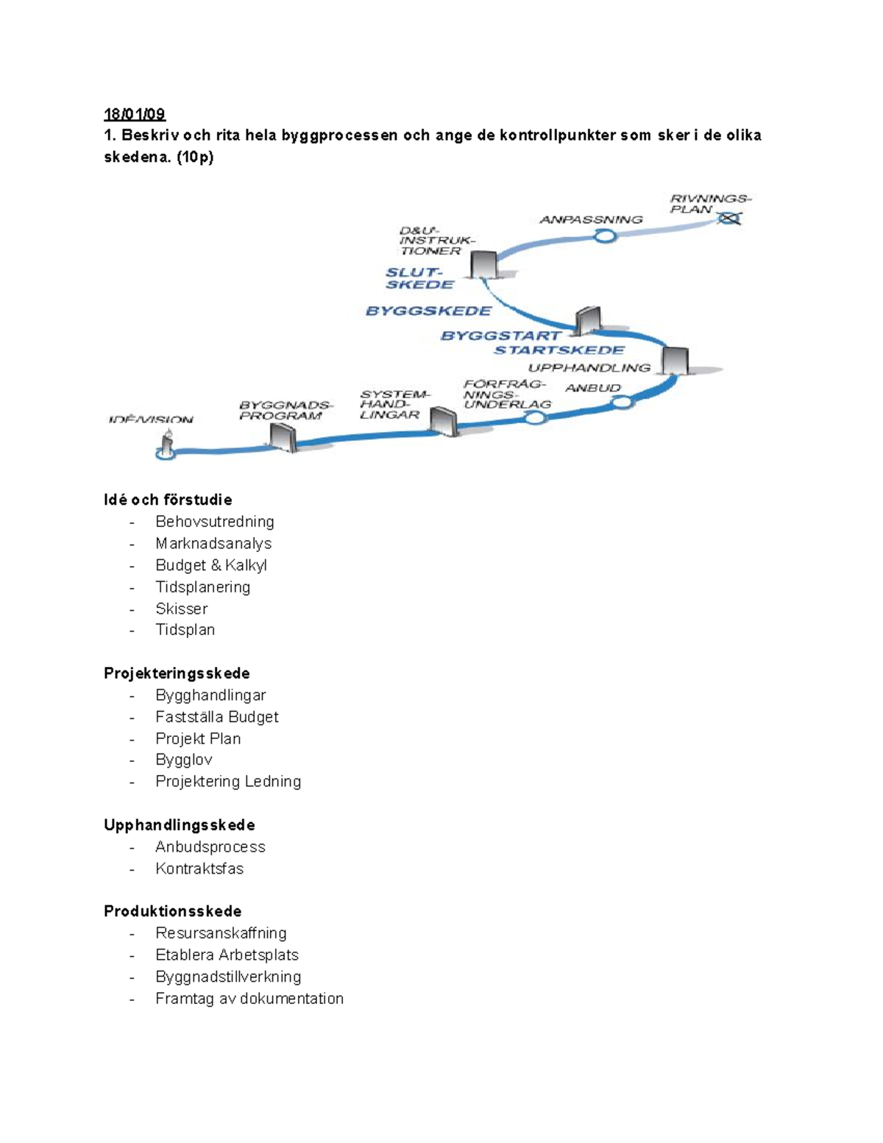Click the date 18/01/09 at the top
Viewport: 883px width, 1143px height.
click(135, 114)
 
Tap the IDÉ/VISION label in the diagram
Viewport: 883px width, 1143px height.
click(150, 420)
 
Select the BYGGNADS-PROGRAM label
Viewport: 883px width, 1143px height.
click(286, 410)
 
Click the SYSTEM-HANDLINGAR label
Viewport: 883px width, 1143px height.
click(394, 404)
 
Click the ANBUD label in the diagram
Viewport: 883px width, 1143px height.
click(593, 387)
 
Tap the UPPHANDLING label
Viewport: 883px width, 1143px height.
click(589, 367)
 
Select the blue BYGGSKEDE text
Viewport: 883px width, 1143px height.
click(428, 311)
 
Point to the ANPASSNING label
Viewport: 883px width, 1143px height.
click(591, 219)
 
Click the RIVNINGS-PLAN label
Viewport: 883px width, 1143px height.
click(709, 203)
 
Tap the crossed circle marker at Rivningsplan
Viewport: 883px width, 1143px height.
click(730, 218)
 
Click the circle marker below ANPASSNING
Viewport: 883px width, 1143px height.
click(605, 236)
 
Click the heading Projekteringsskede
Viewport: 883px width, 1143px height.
click(177, 673)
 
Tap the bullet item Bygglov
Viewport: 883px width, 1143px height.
click(183, 760)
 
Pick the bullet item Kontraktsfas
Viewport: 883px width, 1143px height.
click(199, 868)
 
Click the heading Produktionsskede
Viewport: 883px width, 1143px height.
click(172, 911)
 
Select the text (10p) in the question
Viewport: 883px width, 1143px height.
click(194, 157)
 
